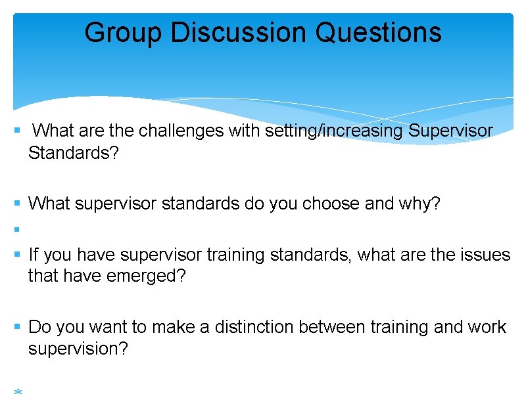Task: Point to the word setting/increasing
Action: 335,131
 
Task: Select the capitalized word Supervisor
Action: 450,131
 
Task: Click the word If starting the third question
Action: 34,254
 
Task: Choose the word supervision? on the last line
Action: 78,349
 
